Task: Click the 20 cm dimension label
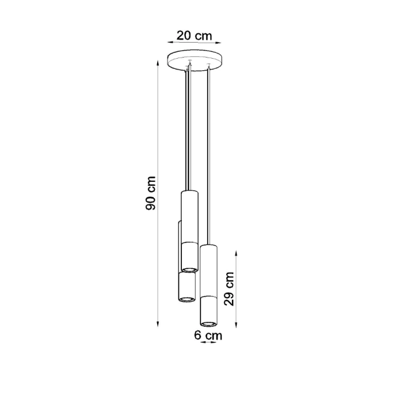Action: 195,36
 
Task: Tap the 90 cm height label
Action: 150,193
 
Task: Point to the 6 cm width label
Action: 208,334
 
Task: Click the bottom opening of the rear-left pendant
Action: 186,298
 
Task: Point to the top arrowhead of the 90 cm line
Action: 159,62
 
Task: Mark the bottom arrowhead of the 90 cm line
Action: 159,324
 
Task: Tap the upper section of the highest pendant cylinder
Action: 189,216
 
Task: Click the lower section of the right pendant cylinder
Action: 208,308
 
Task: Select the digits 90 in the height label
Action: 150,202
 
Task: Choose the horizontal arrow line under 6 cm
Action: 208,342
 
